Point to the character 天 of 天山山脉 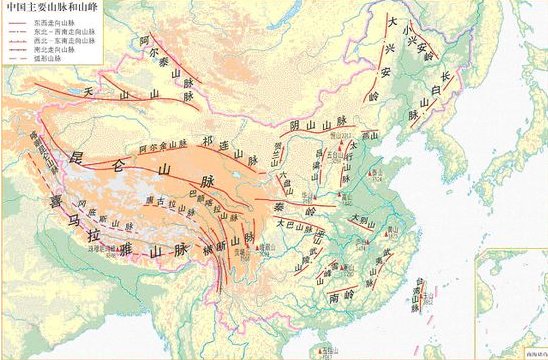point(89,92)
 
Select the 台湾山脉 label point(421,292)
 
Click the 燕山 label point(369,134)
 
